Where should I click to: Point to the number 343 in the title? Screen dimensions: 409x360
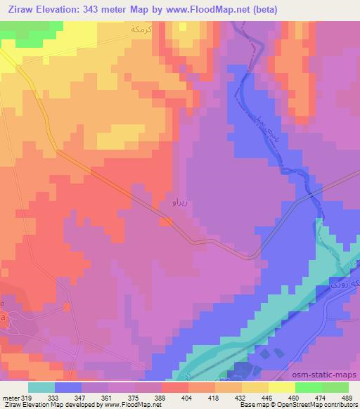(94, 10)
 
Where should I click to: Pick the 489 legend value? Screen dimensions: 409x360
(348, 397)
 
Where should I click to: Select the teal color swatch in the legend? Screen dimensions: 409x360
(41, 387)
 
